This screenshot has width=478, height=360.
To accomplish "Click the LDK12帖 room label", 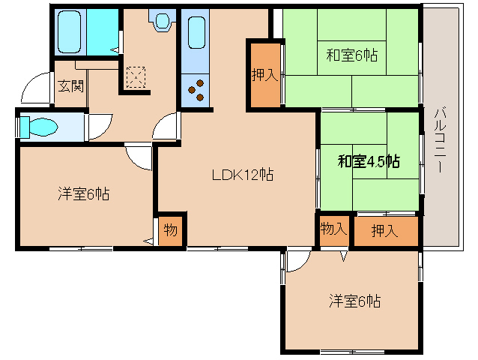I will click(241, 176).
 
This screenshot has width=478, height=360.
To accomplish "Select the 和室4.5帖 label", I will click(368, 161).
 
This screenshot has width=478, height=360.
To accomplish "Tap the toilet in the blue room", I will click(38, 127).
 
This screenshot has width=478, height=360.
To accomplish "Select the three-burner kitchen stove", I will click(198, 90).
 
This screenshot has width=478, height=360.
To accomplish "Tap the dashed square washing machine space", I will click(136, 76).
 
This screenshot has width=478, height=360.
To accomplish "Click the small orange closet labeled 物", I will click(171, 230).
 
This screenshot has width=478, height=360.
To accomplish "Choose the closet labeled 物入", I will click(333, 229).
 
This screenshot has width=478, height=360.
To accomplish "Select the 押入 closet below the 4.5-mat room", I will click(385, 230).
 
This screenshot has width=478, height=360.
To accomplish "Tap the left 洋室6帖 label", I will click(84, 194).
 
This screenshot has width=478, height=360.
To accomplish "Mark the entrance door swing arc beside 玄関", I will click(33, 90).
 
